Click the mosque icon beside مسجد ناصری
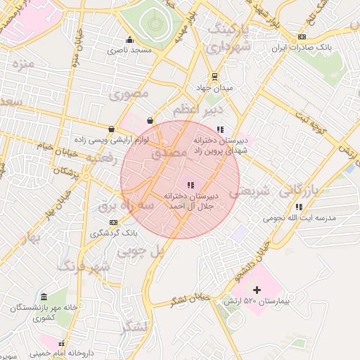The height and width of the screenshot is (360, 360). (129, 39)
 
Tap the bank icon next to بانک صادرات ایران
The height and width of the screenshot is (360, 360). (302, 37)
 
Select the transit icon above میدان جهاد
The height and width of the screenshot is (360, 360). (214, 77)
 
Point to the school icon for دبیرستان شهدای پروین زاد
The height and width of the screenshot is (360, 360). (220, 129)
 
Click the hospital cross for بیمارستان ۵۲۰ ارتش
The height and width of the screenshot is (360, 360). (256, 290)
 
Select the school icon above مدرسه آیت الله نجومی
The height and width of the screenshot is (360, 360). (299, 207)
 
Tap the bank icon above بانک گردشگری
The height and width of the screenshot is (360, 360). (114, 223)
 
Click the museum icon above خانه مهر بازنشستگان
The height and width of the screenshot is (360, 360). (44, 296)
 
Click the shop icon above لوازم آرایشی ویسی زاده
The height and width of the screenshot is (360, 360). (112, 129)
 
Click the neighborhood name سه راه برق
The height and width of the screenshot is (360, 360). (125, 205)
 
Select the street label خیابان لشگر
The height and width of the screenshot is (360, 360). (190, 300)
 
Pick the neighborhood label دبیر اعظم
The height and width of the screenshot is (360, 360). (198, 110)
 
